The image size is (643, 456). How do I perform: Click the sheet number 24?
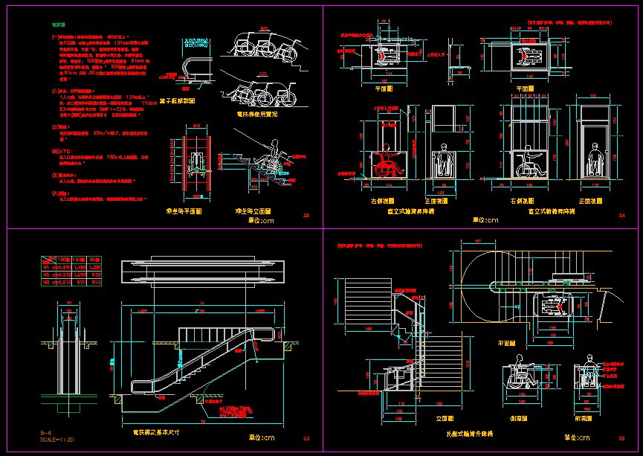[x=622, y=216]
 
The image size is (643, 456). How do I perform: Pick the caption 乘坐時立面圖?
[x=253, y=212]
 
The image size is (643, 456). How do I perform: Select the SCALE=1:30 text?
[x=57, y=440]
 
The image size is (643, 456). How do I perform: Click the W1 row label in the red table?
[x=45, y=266]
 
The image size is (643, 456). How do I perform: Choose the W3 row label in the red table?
[x=45, y=282]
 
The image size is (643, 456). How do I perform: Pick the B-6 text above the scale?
[x=45, y=432]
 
